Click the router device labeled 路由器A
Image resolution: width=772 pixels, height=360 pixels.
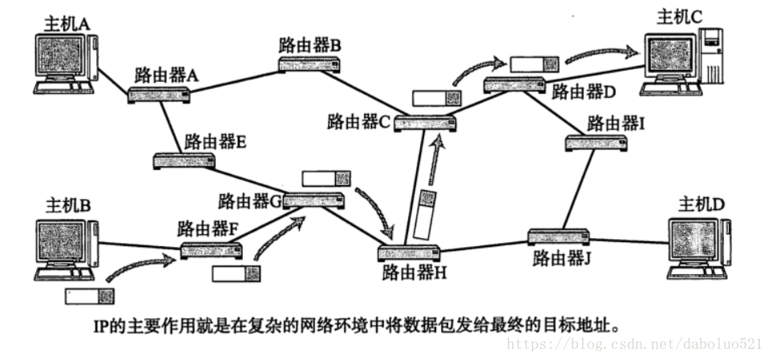pyautogui.click(x=160, y=95)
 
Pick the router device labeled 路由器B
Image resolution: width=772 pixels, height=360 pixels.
pyautogui.click(x=309, y=66)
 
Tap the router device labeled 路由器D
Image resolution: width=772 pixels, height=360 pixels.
pyautogui.click(x=516, y=84)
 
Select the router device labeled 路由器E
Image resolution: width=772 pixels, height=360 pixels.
pyautogui.click(x=184, y=160)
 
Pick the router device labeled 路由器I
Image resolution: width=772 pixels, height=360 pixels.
pyautogui.click(x=597, y=143)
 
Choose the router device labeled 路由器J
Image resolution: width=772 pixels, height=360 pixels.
pyautogui.click(x=559, y=237)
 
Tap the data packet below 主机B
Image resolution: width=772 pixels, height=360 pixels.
pyautogui.click(x=89, y=296)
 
